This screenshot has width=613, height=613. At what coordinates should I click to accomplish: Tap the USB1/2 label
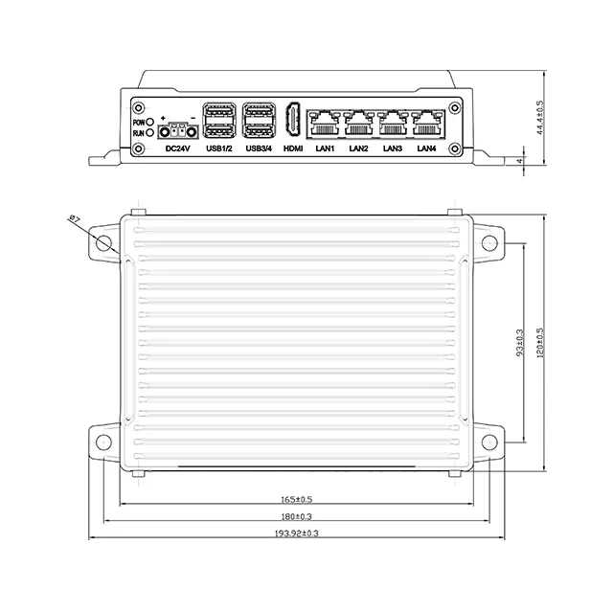219,148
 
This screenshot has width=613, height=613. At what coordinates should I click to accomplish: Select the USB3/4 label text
259,148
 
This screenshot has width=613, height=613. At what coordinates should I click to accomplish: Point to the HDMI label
293,148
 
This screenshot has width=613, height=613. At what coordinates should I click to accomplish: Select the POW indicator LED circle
150,124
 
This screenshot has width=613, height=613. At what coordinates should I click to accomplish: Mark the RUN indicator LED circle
150,135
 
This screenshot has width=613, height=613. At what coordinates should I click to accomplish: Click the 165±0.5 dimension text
298,499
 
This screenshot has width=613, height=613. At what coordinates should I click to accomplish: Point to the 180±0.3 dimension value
298,516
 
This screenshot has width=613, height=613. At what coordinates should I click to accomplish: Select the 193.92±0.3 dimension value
296,533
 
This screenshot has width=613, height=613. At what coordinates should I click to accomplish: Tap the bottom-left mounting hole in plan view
104,443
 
